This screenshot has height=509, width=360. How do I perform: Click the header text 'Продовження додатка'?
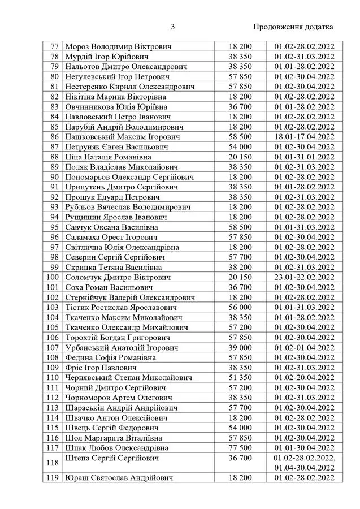[293, 27]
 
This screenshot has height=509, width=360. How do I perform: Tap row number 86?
[54, 136]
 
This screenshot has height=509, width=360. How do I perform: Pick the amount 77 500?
[240, 448]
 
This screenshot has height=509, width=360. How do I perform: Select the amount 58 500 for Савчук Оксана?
[240, 227]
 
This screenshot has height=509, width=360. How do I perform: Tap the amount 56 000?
[240, 307]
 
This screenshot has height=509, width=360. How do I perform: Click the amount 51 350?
[240, 377]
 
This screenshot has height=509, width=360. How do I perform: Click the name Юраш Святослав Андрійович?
[119, 478]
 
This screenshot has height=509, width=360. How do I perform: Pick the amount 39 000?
[240, 347]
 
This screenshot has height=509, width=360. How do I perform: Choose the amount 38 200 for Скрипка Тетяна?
[240, 267]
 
